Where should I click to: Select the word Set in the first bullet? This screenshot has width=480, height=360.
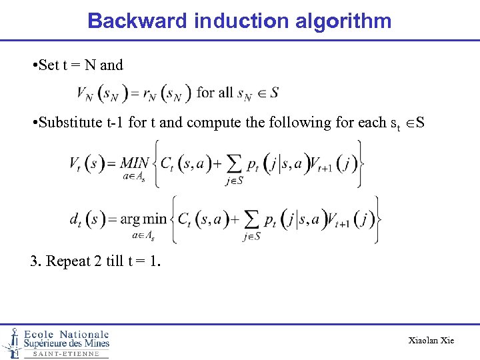click(x=49, y=65)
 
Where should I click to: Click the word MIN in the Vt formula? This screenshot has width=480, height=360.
click(x=135, y=163)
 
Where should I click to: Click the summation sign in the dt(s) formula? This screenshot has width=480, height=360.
click(x=252, y=219)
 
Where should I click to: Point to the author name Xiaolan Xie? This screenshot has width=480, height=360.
click(x=431, y=341)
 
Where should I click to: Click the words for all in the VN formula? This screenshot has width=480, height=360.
click(x=214, y=92)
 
